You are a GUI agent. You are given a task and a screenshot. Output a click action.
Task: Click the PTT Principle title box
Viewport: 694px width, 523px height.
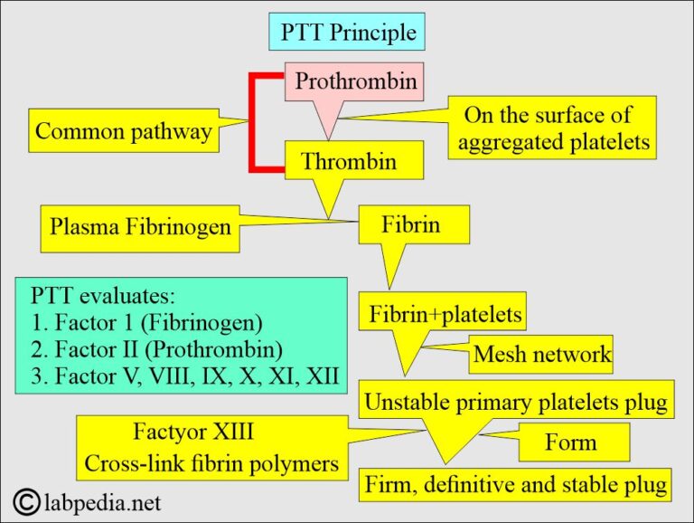click(347, 33)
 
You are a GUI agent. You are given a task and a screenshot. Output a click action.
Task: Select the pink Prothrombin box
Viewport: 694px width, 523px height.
click(355, 82)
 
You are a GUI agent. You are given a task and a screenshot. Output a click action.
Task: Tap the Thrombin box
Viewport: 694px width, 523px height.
click(348, 162)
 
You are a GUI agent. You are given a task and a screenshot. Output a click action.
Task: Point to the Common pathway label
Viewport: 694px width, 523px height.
click(123, 131)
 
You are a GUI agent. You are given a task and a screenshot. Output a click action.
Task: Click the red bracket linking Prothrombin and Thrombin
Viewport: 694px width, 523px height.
click(255, 122)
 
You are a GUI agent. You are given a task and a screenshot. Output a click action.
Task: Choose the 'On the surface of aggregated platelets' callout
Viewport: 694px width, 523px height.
click(554, 128)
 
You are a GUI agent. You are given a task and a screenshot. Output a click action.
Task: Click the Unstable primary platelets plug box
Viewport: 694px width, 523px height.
click(516, 400)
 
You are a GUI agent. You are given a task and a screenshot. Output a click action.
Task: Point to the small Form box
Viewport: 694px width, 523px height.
click(570, 442)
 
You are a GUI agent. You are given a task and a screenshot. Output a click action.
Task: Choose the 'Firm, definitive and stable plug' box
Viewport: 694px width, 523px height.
click(516, 484)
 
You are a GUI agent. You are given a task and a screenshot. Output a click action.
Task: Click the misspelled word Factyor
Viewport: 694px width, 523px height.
click(166, 432)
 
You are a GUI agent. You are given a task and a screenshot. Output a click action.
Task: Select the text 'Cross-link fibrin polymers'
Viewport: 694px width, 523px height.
click(211, 463)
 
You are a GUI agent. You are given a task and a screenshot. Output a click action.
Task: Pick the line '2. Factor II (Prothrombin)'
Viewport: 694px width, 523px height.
click(156, 348)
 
